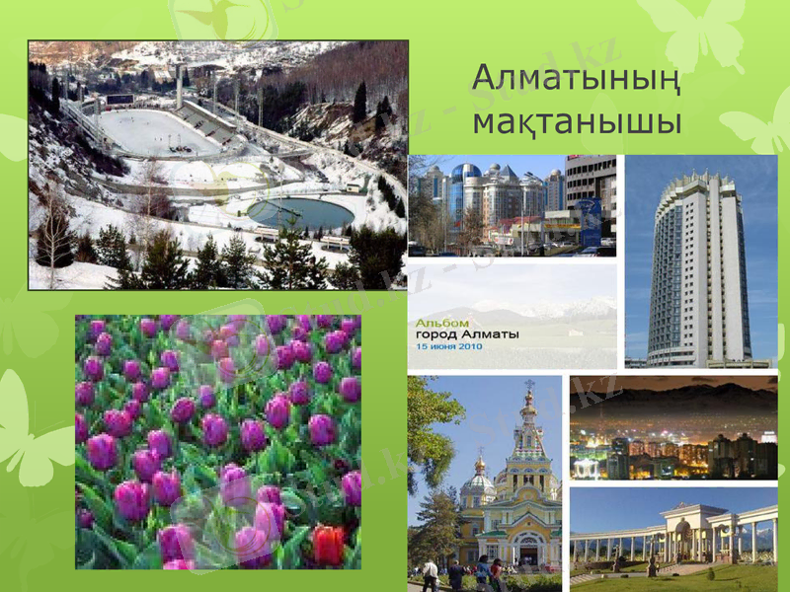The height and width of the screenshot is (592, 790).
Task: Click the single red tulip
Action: pos(327,544)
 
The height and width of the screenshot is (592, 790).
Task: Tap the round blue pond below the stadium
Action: pos(300,212)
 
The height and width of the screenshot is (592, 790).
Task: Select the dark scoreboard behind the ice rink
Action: pos(119,99)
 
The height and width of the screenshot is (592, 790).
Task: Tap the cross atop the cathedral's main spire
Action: pos(529,384)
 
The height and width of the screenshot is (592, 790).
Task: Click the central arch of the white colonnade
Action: pos(683,538)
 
